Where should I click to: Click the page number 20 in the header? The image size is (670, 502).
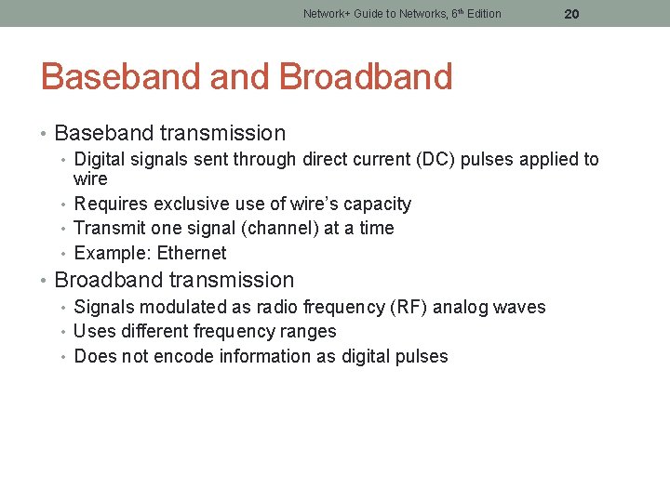click(x=571, y=14)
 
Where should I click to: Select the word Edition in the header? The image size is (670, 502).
click(x=480, y=14)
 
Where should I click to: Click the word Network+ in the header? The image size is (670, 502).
click(x=327, y=14)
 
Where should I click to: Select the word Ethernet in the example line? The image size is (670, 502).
click(x=192, y=253)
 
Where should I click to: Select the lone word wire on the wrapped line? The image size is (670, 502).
click(x=90, y=178)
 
